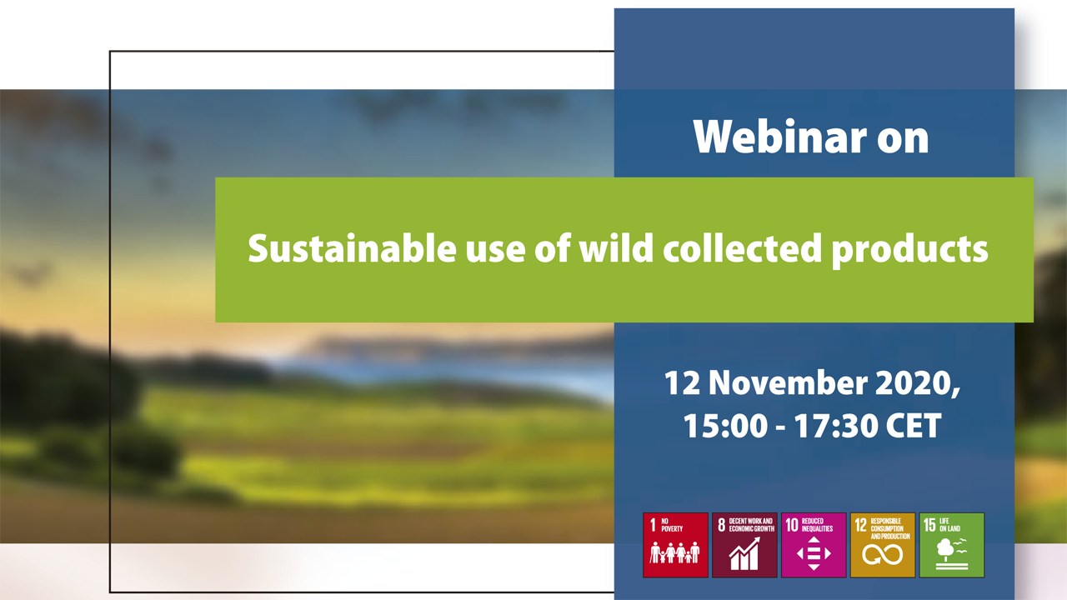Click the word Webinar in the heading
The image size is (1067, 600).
click(x=779, y=137)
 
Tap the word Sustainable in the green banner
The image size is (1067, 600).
click(x=352, y=248)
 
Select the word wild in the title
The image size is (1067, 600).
click(x=616, y=247)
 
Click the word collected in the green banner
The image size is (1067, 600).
click(x=743, y=248)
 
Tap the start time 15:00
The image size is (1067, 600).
click(x=725, y=425)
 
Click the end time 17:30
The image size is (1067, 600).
click(x=835, y=425)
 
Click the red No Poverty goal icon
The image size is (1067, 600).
click(x=675, y=545)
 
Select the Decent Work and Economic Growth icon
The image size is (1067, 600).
click(x=744, y=545)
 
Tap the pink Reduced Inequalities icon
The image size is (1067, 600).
click(x=814, y=545)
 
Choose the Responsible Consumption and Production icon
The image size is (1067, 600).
click(x=883, y=545)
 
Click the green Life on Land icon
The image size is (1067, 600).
click(x=952, y=545)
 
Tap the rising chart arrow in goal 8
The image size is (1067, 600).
click(x=744, y=553)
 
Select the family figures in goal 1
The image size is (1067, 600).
click(x=675, y=552)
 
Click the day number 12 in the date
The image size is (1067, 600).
click(x=682, y=382)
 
